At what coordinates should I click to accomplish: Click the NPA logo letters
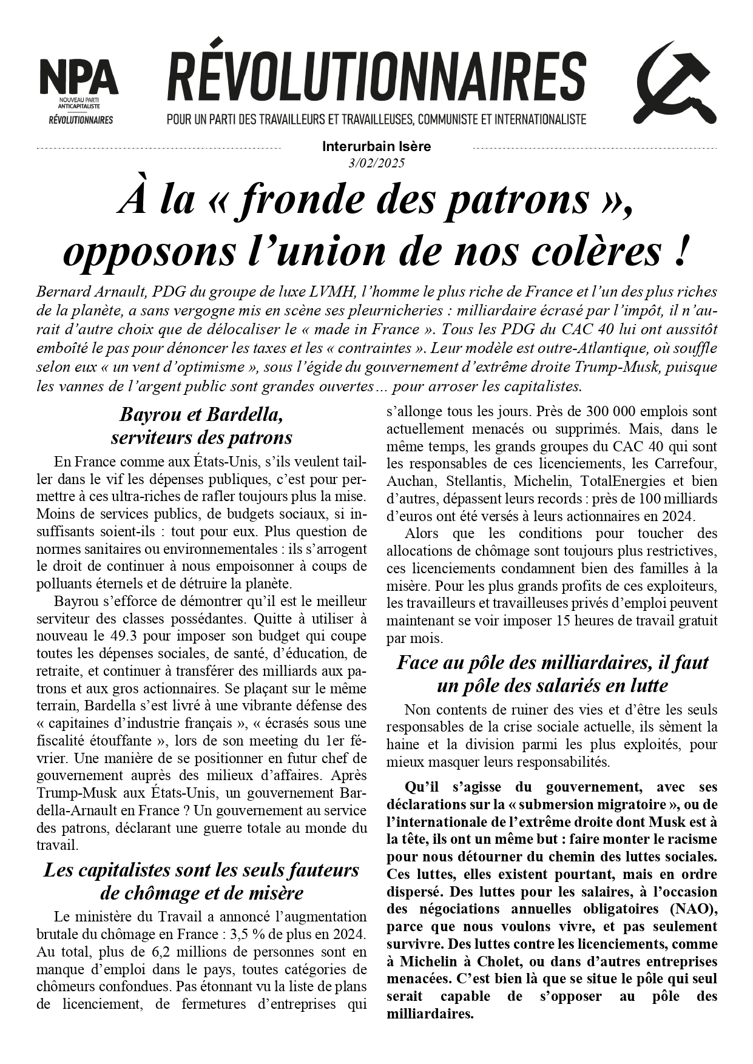click(x=79, y=78)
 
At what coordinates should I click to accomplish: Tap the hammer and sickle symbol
click(x=675, y=83)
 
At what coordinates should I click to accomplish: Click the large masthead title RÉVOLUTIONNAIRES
click(x=376, y=78)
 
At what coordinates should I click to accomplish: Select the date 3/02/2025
click(x=376, y=163)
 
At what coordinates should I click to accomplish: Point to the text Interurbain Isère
click(x=376, y=147)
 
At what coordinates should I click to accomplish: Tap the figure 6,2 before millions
click(x=149, y=952)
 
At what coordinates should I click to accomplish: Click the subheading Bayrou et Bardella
click(x=201, y=415)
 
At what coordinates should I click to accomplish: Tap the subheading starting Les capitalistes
click(x=201, y=870)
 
